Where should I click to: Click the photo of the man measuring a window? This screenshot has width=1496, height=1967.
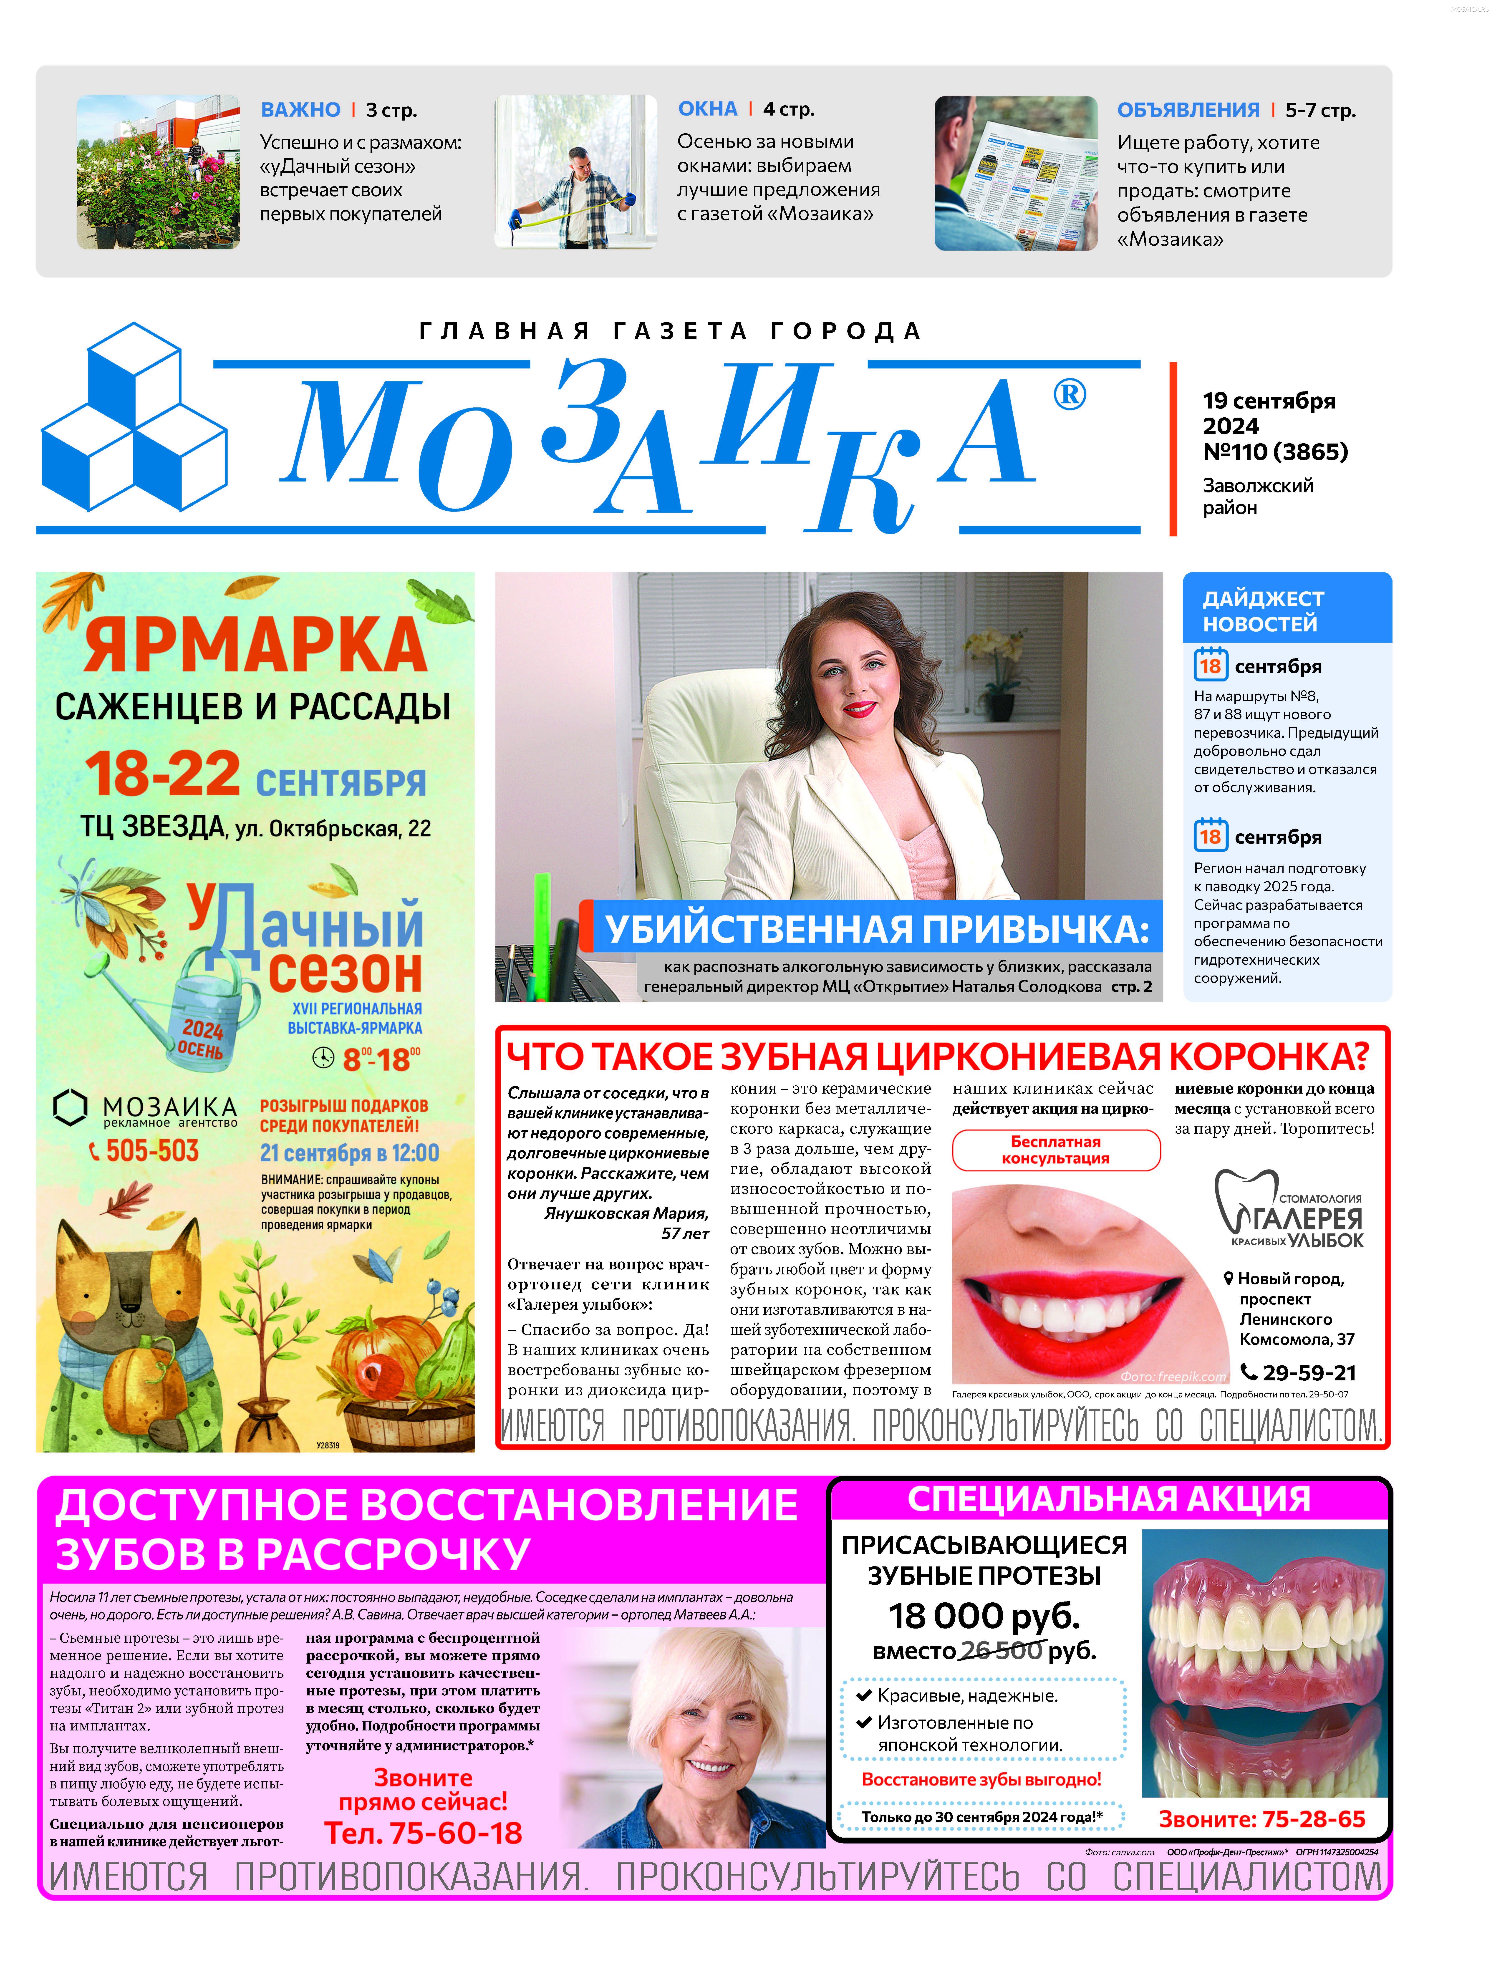(x=576, y=172)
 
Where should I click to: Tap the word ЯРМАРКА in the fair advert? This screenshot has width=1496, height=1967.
(x=256, y=646)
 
